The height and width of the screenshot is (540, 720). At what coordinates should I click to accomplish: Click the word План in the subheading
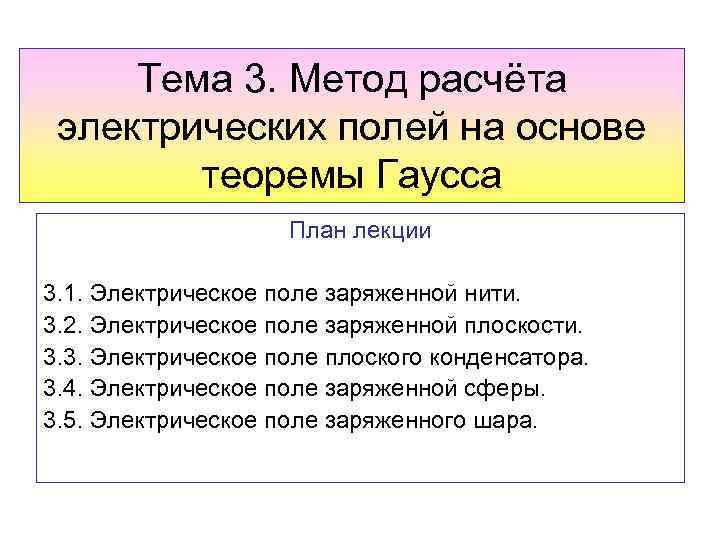(x=311, y=232)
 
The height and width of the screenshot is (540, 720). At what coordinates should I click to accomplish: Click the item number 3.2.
(x=63, y=326)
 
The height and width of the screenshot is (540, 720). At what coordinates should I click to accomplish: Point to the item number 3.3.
(x=63, y=358)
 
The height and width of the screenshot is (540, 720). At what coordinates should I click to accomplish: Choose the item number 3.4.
(x=63, y=389)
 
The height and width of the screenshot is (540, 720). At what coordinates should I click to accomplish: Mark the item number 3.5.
(x=63, y=420)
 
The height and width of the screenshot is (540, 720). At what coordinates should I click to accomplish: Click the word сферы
(x=509, y=389)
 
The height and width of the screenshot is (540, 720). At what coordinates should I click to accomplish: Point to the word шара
(x=511, y=420)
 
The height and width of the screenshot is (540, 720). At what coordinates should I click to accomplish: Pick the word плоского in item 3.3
(x=375, y=358)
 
